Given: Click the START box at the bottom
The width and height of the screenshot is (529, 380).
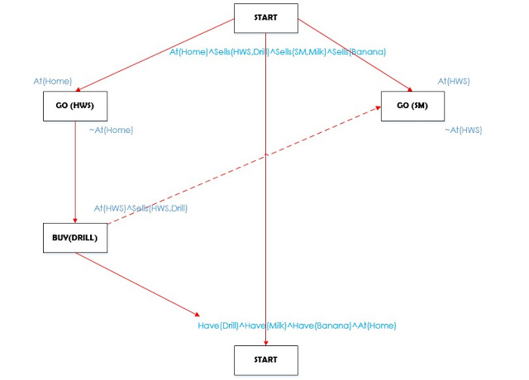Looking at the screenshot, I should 265,360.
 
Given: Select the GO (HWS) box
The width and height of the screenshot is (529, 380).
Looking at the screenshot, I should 75,106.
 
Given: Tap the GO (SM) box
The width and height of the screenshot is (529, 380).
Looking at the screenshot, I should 412,106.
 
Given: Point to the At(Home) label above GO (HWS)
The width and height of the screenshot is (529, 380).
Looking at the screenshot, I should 53,81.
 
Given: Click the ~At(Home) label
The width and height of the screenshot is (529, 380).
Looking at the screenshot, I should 111,130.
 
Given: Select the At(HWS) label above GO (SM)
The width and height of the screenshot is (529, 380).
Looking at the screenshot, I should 454,81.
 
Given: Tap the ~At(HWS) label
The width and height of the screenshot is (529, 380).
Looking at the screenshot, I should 463,130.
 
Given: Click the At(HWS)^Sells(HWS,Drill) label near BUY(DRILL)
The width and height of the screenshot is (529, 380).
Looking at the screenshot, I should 141,208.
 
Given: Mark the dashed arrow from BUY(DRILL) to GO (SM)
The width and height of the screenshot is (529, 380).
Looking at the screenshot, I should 248,169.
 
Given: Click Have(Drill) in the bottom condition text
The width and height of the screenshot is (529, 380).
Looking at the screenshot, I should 217,325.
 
